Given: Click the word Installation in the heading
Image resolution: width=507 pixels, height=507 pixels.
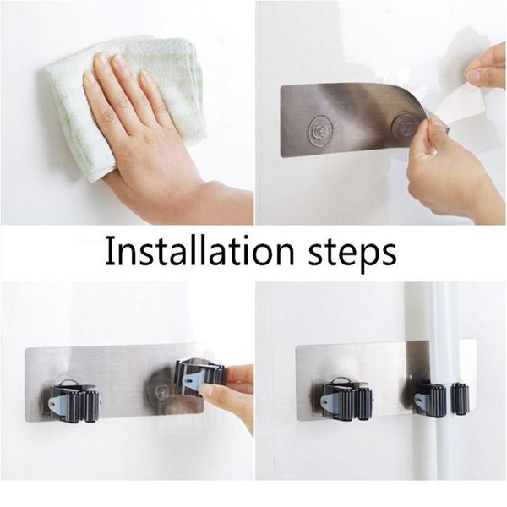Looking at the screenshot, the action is pos(199,251).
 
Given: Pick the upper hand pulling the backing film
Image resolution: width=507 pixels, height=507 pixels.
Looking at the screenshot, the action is pos(485,68).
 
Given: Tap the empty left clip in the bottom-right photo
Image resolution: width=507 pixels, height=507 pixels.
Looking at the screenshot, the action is pos(343,401).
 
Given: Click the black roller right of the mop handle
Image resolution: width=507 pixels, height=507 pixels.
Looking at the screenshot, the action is pos(461,399).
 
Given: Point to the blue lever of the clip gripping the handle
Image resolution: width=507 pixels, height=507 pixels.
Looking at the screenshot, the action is pos(422,401).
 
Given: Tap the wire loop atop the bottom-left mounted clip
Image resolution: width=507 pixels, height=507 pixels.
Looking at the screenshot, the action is pos(70,382).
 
